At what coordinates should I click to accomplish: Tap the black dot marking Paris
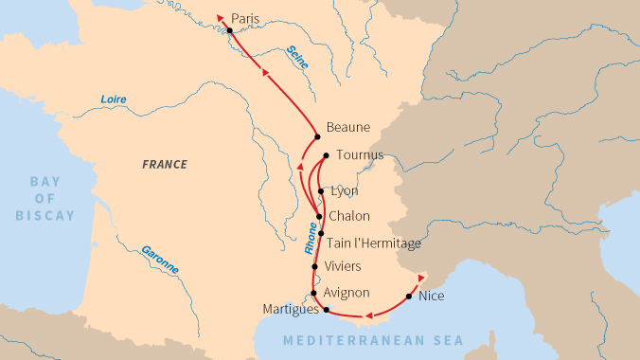pos(229,31)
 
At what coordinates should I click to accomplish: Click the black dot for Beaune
pos(318,137)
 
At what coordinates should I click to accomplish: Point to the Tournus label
pos(360,155)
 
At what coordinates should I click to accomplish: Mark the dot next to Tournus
pos(326,155)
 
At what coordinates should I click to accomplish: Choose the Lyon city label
pos(344,190)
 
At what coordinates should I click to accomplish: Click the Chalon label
pos(348,216)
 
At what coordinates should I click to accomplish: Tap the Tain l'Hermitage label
pos(374,243)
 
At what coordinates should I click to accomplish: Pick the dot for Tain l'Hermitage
pos(322,233)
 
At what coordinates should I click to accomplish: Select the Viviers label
pos(343,267)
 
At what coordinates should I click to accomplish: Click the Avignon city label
pos(347,293)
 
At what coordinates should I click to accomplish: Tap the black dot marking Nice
pos(409,297)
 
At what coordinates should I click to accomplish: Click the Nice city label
pos(431,296)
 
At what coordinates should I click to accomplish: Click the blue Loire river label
pos(114,99)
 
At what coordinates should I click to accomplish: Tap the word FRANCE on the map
pos(165,164)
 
